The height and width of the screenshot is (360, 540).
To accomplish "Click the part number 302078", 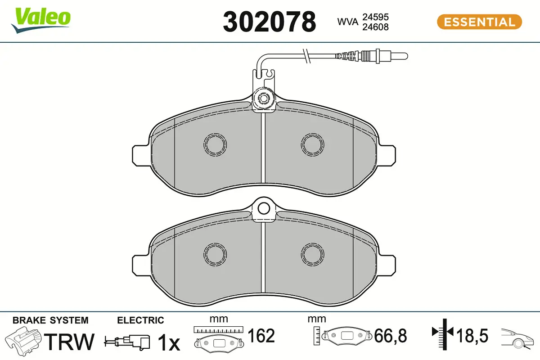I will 269,22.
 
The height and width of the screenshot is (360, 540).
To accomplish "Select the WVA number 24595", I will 376,17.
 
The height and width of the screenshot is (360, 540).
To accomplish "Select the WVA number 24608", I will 376,27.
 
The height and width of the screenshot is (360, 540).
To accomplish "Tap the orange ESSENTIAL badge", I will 479,22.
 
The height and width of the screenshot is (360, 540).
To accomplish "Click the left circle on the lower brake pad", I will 215,254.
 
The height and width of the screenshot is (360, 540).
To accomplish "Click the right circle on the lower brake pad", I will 312,254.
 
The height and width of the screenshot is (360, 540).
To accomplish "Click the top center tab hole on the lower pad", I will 264,208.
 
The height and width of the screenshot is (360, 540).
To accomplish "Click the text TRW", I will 71,342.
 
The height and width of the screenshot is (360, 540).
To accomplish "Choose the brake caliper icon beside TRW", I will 25,341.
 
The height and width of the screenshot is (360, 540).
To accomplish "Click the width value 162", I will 261,336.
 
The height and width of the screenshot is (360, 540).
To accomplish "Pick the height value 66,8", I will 390,336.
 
